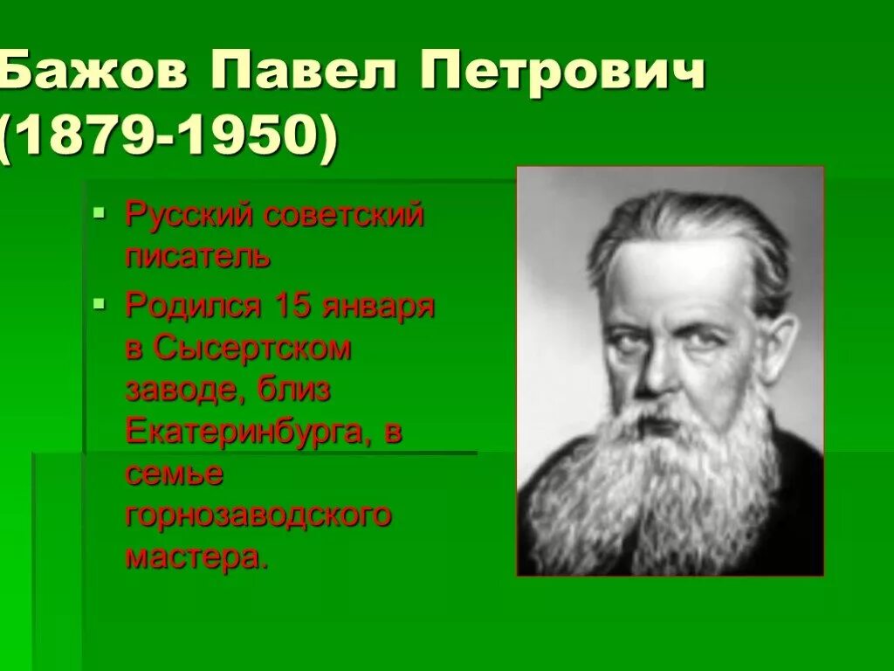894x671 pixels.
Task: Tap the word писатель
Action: [198, 258]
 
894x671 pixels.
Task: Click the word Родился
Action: [195, 306]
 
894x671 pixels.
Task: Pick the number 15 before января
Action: [294, 306]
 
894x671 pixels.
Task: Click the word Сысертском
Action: [251, 349]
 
